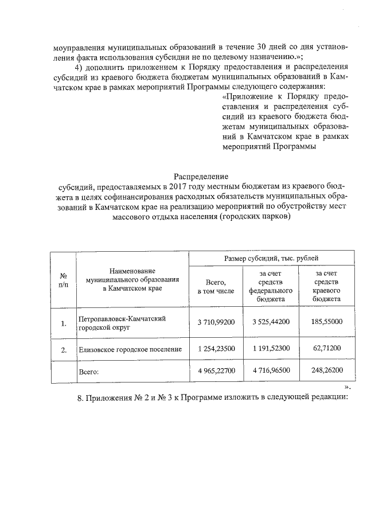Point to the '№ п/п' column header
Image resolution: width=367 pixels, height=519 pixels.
tap(64, 280)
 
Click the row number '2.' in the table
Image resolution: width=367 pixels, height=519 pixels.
tap(64, 349)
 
